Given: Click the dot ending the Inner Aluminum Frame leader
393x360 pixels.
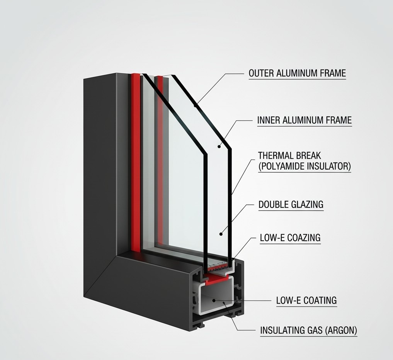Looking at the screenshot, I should pyautogui.click(x=219, y=146).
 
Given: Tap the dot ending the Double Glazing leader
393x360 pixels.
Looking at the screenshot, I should pyautogui.click(x=221, y=233).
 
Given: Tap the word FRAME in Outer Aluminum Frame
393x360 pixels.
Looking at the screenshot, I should pyautogui.click(x=332, y=73).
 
